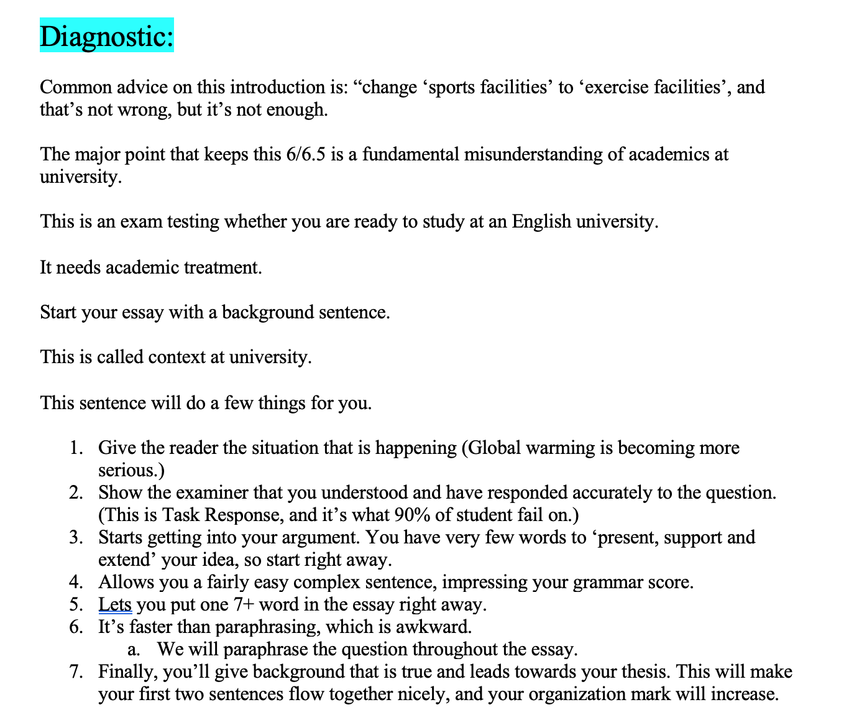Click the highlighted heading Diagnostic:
(x=106, y=35)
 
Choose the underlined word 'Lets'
(x=114, y=604)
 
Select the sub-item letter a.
(x=132, y=649)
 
